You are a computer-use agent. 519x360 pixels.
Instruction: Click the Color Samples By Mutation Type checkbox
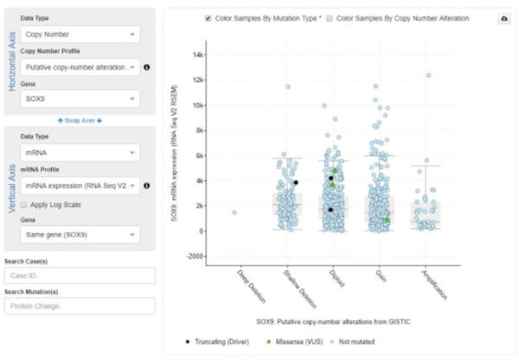[x=208, y=17]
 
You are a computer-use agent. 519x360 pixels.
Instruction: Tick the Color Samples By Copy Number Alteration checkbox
[x=329, y=17]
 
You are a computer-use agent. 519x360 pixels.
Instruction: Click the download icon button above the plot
[x=504, y=18]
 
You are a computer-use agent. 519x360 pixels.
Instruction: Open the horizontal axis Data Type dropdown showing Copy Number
[x=79, y=35]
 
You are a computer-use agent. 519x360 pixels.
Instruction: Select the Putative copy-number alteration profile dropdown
[x=79, y=67]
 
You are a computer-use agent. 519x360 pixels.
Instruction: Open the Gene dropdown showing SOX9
[x=79, y=99]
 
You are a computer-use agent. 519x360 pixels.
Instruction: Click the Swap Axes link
[x=79, y=120]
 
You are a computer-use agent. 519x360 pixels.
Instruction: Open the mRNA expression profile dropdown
[x=79, y=185]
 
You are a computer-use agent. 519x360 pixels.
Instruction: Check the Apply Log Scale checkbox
[x=23, y=203]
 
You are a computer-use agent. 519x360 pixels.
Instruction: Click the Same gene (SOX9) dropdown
[x=79, y=234]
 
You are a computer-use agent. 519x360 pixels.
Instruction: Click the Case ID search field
[x=79, y=275]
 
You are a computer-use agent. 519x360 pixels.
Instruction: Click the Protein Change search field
[x=79, y=306]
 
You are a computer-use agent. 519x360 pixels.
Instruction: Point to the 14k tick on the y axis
[x=199, y=55]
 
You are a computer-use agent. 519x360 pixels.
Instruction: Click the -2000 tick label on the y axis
[x=195, y=256]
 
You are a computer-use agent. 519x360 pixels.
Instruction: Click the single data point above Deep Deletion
[x=234, y=213]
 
